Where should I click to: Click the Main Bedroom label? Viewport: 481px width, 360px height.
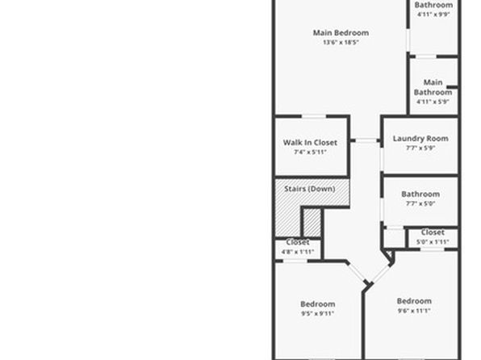click(x=341, y=33)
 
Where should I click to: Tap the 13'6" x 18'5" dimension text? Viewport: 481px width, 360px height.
click(x=341, y=42)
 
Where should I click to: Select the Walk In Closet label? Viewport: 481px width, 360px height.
click(x=310, y=143)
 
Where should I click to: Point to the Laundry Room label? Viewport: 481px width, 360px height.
click(x=420, y=139)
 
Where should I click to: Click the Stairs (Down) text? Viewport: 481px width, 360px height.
click(x=310, y=189)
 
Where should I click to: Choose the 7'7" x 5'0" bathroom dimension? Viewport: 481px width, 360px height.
click(x=420, y=203)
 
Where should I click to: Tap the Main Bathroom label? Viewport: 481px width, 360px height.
click(x=433, y=87)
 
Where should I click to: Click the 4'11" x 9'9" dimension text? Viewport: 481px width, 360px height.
click(x=433, y=14)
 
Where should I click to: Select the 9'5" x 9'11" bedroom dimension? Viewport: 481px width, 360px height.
click(x=317, y=313)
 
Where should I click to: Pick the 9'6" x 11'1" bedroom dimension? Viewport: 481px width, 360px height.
click(x=414, y=310)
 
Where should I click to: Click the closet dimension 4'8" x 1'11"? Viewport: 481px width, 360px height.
click(x=298, y=252)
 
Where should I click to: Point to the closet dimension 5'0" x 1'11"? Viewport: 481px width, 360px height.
click(x=433, y=242)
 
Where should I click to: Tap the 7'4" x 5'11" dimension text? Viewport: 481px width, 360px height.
click(x=310, y=152)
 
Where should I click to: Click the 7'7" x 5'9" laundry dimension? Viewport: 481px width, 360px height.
click(x=420, y=148)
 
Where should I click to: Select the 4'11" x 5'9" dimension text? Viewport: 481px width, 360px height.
click(x=433, y=102)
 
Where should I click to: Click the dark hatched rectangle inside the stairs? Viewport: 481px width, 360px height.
click(x=312, y=223)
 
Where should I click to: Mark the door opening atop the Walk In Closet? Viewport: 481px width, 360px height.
click(x=314, y=116)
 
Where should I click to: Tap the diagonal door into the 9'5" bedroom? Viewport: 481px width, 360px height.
click(x=357, y=272)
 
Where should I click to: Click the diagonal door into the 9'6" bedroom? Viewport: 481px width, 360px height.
click(x=381, y=274)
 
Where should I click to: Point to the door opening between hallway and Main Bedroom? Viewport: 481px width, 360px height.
click(x=366, y=140)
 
